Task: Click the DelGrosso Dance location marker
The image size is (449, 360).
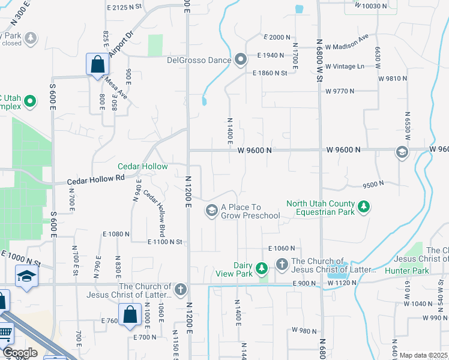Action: (x=241, y=59)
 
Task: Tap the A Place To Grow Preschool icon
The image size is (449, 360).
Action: (x=211, y=211)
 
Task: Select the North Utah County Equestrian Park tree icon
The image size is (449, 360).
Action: (x=363, y=208)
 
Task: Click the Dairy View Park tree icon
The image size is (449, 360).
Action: (x=261, y=268)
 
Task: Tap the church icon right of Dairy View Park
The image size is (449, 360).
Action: (x=282, y=264)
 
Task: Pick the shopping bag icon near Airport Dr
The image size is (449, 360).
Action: (x=97, y=64)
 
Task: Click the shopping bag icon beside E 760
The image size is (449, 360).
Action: (x=130, y=314)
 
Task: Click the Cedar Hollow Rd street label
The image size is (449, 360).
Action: (x=95, y=178)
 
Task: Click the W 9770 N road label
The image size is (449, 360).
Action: (x=340, y=91)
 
